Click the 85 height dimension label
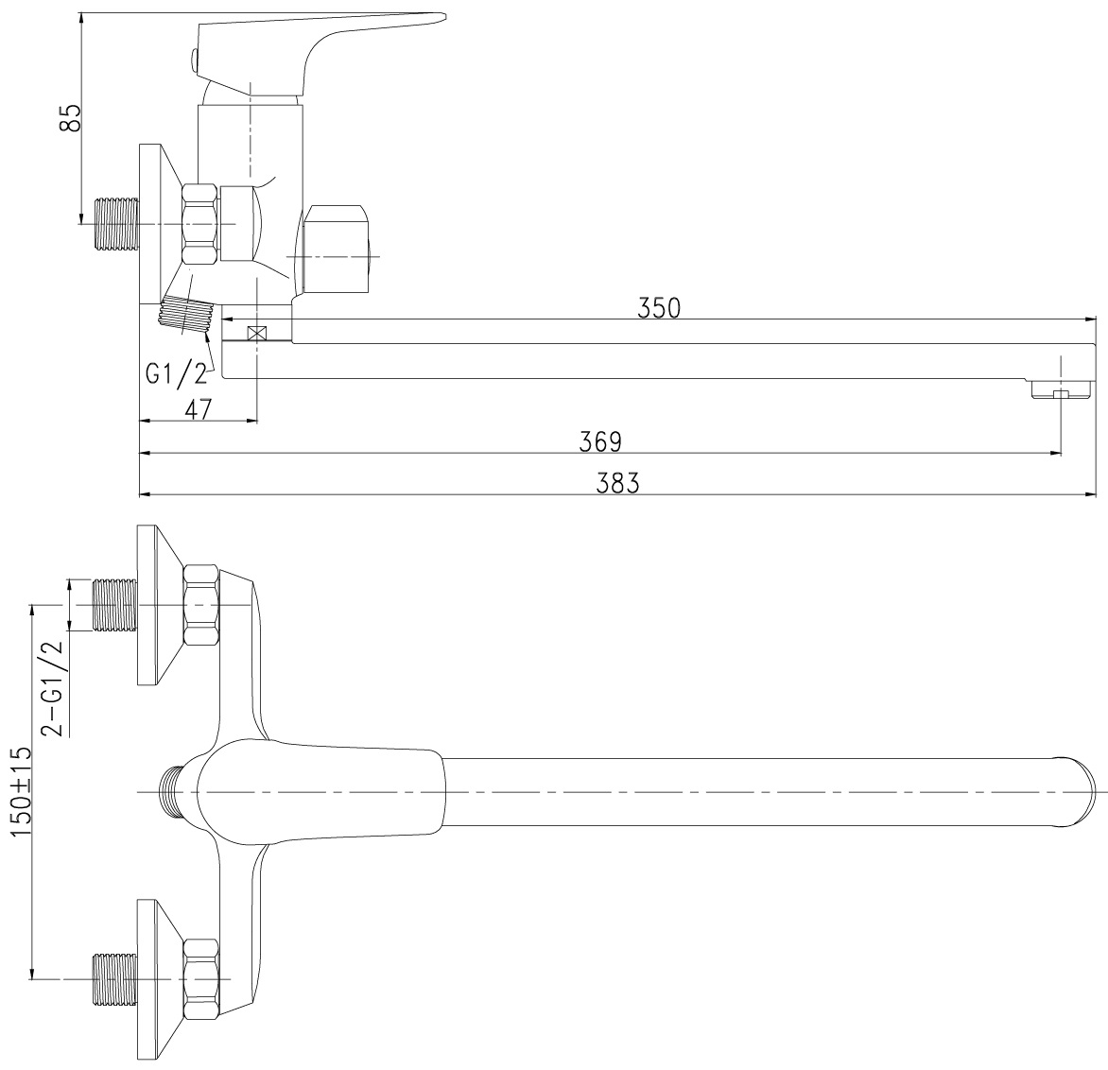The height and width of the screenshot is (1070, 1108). tap(70, 117)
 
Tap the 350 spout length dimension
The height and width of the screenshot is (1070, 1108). tap(659, 308)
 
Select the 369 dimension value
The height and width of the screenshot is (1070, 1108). tap(600, 441)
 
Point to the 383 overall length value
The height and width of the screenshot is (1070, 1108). tap(617, 483)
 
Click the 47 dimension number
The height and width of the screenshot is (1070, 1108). tap(198, 409)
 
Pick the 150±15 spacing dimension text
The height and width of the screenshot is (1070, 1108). tap(21, 791)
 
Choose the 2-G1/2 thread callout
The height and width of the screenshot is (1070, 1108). tap(52, 688)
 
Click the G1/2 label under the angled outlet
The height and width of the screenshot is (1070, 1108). tap(177, 373)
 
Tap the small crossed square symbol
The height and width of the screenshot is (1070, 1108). tap(256, 333)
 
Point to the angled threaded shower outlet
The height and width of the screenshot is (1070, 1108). tap(187, 314)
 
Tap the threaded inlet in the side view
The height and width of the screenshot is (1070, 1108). tap(116, 223)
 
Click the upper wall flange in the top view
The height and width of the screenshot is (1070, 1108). tap(161, 605)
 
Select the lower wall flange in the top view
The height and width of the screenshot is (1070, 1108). tap(161, 979)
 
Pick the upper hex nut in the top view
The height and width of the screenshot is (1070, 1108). tap(200, 605)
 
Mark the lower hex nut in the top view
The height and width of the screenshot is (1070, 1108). tap(200, 979)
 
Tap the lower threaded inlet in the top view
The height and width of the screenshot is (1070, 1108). tap(115, 979)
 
